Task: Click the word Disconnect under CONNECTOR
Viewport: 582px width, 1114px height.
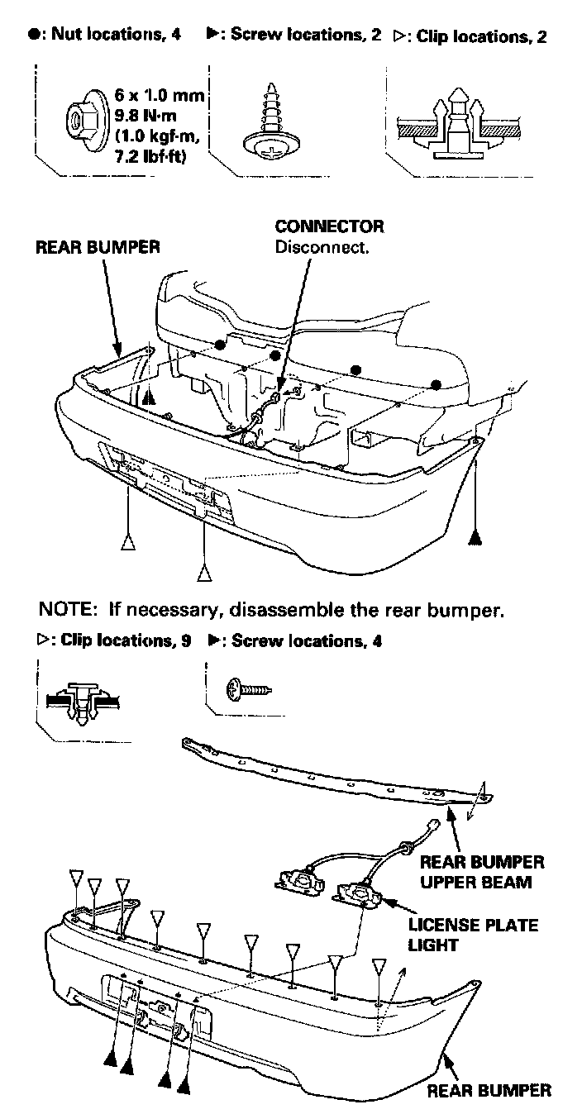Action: [322, 246]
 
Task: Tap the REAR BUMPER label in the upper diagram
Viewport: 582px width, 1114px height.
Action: [98, 247]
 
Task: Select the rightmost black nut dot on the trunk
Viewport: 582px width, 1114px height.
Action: [436, 384]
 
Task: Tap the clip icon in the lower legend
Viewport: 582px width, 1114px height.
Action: [80, 699]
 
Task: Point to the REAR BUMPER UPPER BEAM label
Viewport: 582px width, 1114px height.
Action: [482, 872]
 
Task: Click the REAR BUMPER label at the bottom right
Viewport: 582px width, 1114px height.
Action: [488, 1091]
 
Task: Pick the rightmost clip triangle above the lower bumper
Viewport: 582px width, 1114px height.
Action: [379, 966]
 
